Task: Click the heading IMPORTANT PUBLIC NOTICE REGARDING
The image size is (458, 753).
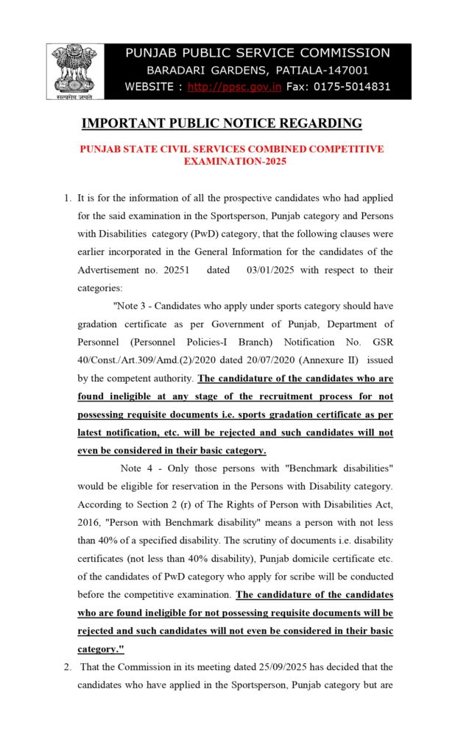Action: [x=221, y=123]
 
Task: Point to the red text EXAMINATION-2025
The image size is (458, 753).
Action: [x=234, y=160]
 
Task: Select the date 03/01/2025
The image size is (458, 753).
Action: [x=271, y=270]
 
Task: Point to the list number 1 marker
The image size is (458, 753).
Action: [x=67, y=198]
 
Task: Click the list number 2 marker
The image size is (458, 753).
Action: [x=67, y=667]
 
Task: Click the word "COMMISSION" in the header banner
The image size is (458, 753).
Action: [x=348, y=53]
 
